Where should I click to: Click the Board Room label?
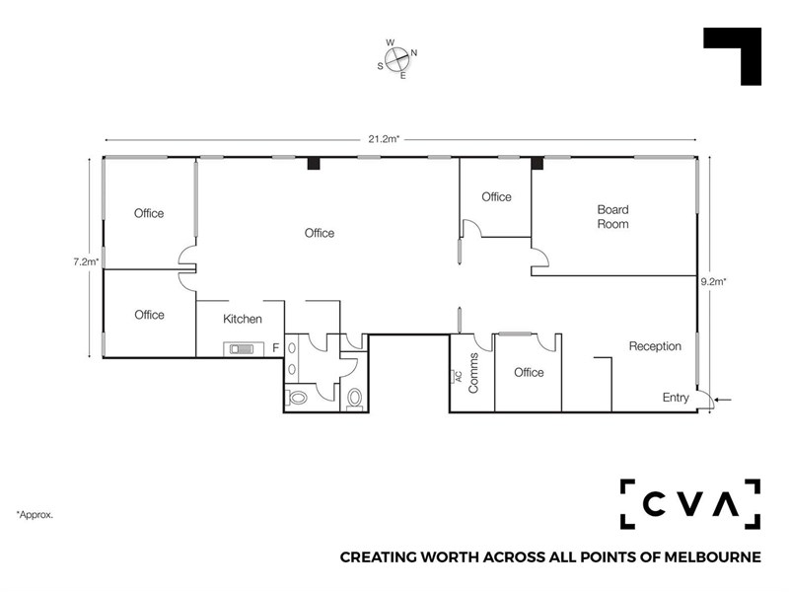(612, 217)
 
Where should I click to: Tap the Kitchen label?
(243, 319)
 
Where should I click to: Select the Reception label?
(655, 346)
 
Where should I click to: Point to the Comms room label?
(473, 373)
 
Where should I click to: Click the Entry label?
(676, 398)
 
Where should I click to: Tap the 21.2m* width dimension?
(384, 139)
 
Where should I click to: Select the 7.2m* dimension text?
(86, 261)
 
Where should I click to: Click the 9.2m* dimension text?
(713, 282)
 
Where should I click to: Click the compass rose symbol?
(397, 59)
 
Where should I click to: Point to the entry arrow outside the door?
(723, 401)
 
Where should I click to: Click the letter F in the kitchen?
(276, 348)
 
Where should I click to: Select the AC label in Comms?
(458, 376)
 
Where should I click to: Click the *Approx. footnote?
(35, 515)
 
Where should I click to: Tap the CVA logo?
(690, 504)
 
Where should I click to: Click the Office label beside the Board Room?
(497, 196)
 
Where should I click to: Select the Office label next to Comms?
(529, 373)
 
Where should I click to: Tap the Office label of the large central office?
(320, 233)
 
